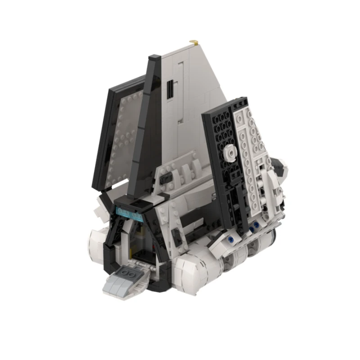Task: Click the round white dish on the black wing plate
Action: point(230,153)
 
